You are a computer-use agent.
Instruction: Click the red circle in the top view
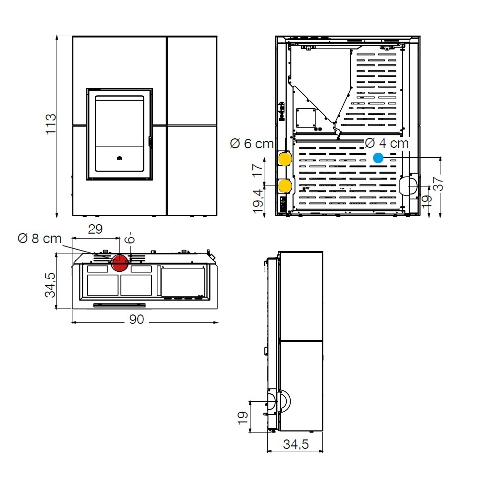pyautogui.click(x=120, y=262)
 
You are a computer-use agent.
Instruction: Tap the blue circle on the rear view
pyautogui.click(x=378, y=158)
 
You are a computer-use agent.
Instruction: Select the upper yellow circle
pyautogui.click(x=284, y=159)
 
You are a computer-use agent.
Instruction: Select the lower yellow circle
pyautogui.click(x=284, y=186)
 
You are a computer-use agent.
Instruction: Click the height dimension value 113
pyautogui.click(x=51, y=124)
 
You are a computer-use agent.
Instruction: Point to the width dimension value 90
pyautogui.click(x=137, y=319)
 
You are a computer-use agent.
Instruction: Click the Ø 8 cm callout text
pyautogui.click(x=40, y=239)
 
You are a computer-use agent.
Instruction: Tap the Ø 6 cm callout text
pyautogui.click(x=252, y=144)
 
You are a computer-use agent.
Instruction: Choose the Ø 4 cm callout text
pyautogui.click(x=386, y=143)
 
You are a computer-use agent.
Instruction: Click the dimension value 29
pyautogui.click(x=95, y=229)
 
